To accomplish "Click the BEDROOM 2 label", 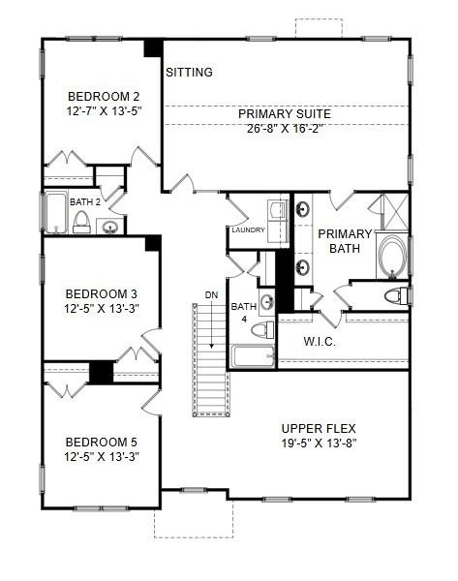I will [x=104, y=96].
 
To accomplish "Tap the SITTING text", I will [x=190, y=72].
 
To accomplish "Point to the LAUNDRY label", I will [x=248, y=230].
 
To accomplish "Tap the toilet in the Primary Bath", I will [x=393, y=295].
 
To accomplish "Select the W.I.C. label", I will [x=320, y=341].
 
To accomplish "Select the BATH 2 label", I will [x=85, y=201].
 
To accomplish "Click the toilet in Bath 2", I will [x=82, y=226].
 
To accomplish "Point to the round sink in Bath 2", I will [x=110, y=228].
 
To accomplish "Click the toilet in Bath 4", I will [x=261, y=330].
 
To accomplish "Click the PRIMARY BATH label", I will [x=345, y=240].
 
